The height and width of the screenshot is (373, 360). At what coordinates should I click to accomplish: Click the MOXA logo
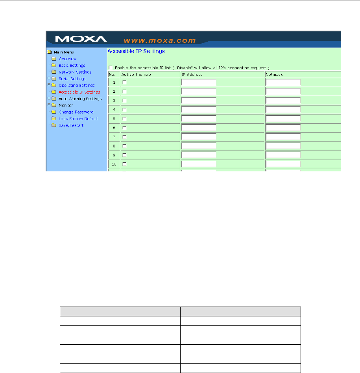pos(81,39)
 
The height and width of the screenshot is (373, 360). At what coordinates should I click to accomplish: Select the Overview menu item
pos(67,59)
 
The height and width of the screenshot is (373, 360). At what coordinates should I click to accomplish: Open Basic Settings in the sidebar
pos(72,65)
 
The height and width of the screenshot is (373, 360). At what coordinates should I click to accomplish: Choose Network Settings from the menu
pos(75,72)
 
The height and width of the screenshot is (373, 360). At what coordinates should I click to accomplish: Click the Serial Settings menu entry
pos(72,79)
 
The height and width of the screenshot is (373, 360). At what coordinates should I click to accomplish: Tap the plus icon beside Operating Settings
pos(49,85)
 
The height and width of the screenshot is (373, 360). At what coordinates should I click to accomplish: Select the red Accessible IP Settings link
pos(79,92)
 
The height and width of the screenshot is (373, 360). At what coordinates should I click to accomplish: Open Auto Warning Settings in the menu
pos(80,99)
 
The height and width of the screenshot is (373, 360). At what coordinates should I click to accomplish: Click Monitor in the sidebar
pos(65,105)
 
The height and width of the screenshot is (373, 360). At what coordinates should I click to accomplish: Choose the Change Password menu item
pos(76,112)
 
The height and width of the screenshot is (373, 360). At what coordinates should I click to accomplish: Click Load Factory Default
pos(78,119)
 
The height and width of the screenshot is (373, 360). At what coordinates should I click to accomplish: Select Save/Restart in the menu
pos(71,125)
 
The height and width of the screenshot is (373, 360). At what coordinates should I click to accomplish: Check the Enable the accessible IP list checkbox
pos(110,68)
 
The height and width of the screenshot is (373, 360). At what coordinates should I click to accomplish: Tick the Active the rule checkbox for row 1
pos(124,82)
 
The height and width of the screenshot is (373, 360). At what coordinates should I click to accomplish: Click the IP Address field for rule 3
pos(199,100)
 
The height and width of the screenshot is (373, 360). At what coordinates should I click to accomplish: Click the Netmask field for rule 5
pos(283,118)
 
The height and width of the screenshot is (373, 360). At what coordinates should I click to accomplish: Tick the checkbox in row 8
pos(124,145)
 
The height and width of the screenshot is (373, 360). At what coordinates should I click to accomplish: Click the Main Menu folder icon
pos(49,52)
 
